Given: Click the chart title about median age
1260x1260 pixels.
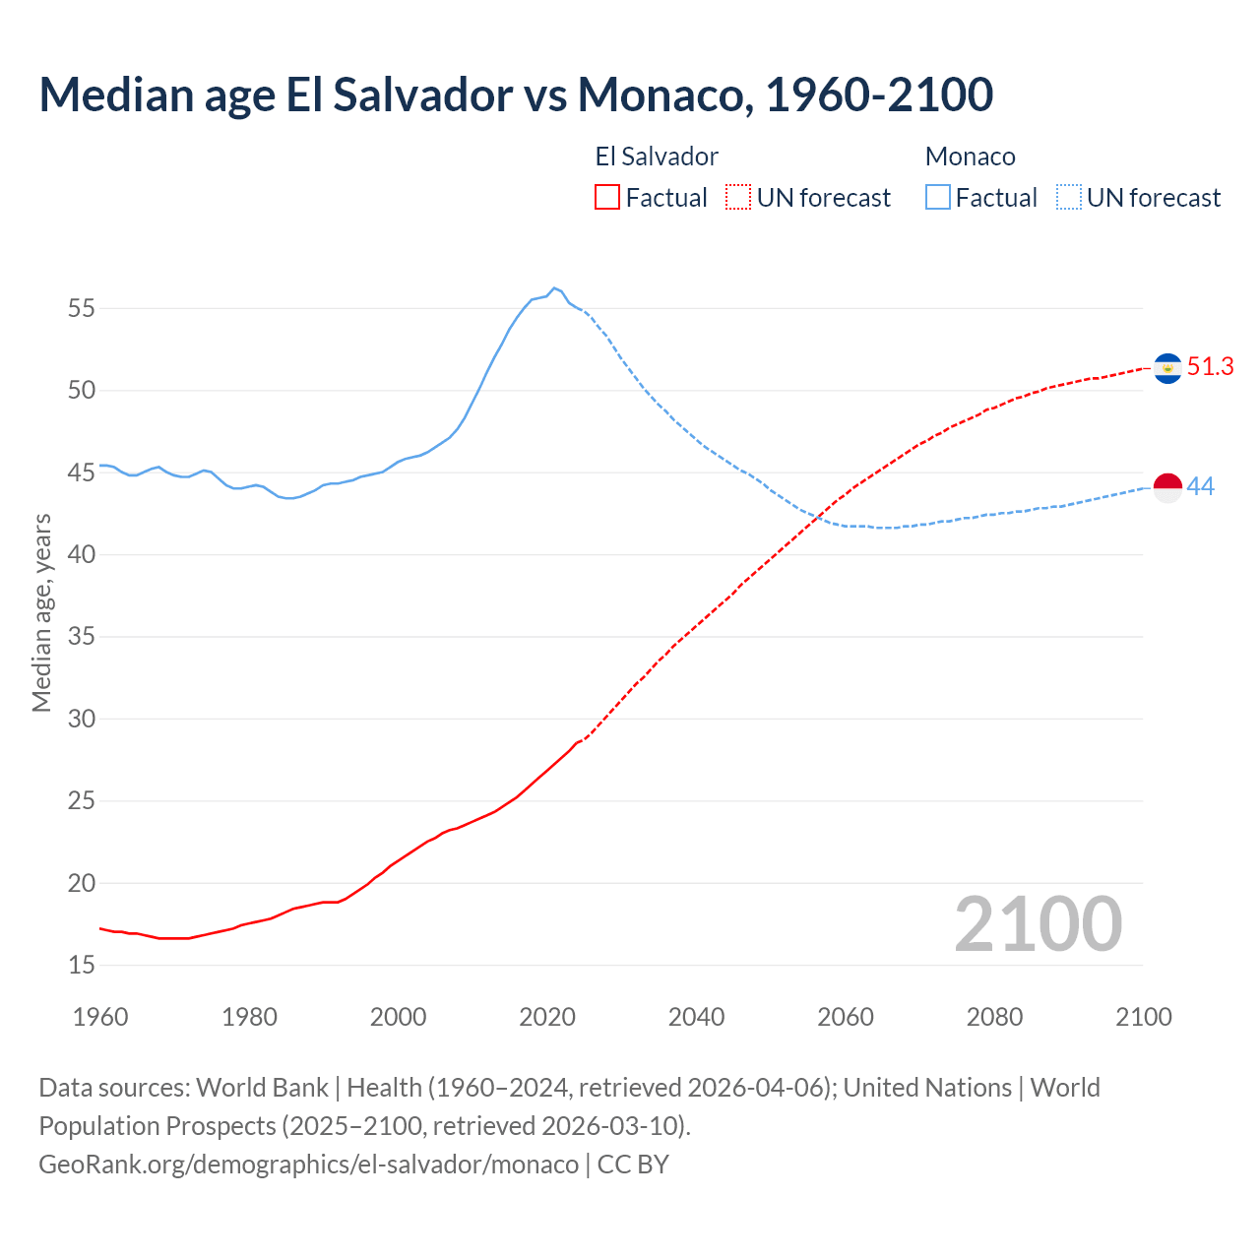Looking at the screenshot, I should click(x=516, y=94).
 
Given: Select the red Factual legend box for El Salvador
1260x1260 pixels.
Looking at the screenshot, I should click(x=607, y=198).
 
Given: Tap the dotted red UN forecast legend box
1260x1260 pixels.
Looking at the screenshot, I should click(x=738, y=198).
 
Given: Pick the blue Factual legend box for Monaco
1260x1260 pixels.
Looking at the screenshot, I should click(x=938, y=198).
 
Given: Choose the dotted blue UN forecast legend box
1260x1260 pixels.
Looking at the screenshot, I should click(x=1068, y=198).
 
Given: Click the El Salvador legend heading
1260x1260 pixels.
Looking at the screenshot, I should click(x=657, y=157).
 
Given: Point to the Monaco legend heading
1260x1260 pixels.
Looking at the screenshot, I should click(x=970, y=157).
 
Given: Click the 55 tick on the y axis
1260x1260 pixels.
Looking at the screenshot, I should click(x=82, y=308).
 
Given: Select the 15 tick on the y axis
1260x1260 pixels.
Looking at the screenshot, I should click(x=82, y=965).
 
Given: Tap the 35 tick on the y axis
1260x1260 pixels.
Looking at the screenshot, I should click(x=82, y=637).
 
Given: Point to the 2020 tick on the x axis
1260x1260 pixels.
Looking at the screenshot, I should click(x=547, y=1017).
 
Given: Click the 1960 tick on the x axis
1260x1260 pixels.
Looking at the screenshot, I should click(x=100, y=1017).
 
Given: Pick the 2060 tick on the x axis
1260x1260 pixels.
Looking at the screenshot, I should click(x=846, y=1017).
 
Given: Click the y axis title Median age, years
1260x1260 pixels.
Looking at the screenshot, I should click(x=41, y=612).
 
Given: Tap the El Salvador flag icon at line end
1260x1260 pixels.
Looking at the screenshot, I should click(x=1167, y=368).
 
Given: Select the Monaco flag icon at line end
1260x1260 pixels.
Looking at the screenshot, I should click(x=1167, y=487).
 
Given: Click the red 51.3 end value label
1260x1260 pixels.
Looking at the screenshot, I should click(x=1210, y=367).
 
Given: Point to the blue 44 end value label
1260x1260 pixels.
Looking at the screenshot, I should click(x=1201, y=486).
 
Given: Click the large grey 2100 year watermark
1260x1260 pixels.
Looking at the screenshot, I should click(x=1039, y=923).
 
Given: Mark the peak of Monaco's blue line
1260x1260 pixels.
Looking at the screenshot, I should click(x=554, y=287).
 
